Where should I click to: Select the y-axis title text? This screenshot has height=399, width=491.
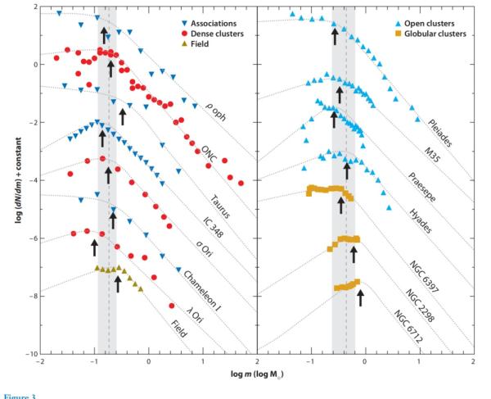tap(11, 179)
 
